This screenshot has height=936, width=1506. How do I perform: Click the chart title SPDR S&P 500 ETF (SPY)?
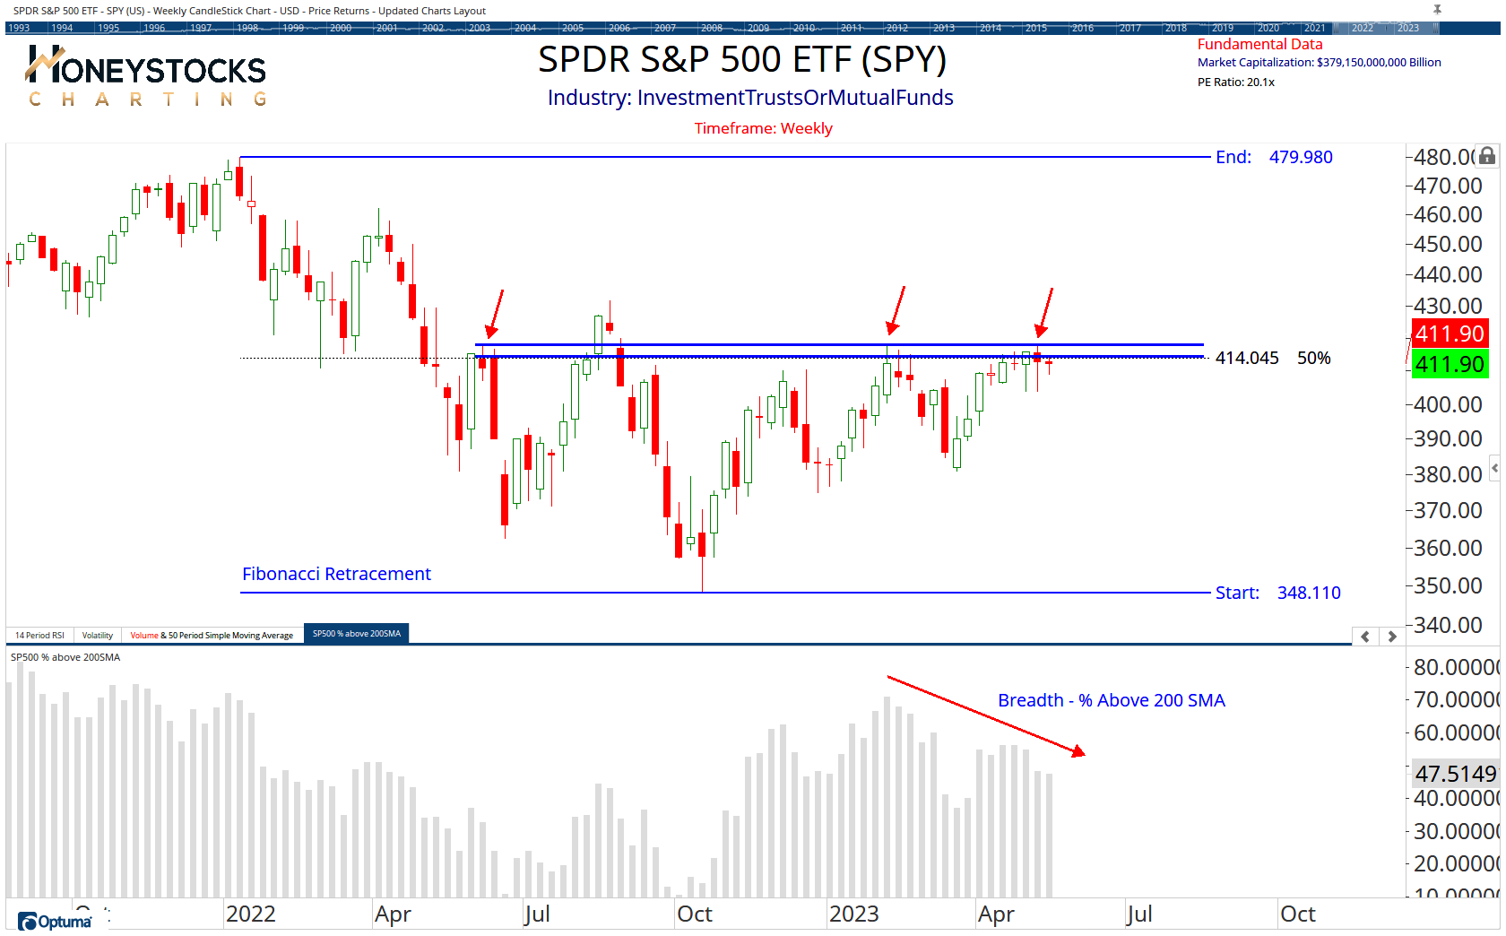(741, 60)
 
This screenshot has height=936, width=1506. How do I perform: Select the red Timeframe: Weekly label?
(763, 128)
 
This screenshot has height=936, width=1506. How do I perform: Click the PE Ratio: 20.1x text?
(1235, 82)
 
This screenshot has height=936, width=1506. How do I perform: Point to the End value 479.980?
(1300, 158)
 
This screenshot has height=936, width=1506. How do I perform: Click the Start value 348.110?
(1308, 593)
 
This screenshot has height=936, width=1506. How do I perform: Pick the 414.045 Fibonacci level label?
(1246, 359)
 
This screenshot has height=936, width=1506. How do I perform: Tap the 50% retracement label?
(1313, 359)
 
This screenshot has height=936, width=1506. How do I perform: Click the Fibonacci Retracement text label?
(336, 574)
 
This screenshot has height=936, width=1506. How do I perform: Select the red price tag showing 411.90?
(1449, 334)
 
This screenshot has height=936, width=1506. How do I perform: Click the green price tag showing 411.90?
(1449, 365)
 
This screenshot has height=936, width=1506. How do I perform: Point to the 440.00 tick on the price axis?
(1447, 274)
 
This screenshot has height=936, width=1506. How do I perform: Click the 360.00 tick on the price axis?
(1447, 548)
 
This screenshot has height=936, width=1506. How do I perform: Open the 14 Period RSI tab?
(39, 636)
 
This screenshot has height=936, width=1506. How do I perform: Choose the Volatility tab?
(98, 636)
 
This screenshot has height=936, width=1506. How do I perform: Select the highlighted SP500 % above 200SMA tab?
(356, 634)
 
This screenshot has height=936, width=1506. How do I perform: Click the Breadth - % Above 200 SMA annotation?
(1111, 700)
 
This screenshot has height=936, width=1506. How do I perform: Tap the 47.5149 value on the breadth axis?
(1455, 774)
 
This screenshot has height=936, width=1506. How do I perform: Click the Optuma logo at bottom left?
(55, 922)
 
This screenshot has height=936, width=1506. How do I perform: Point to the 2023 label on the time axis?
(853, 914)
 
